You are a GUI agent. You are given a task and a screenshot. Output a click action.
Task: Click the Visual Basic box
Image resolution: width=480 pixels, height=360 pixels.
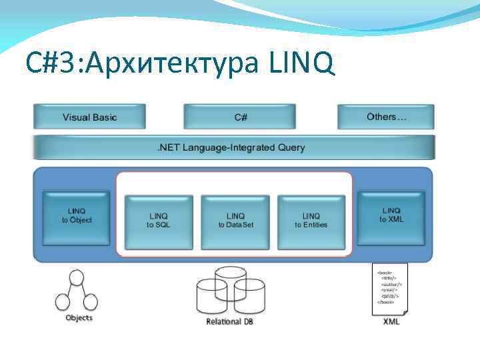click(89, 117)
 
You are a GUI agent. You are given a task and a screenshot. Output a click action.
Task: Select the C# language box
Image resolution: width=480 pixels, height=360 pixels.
click(241, 117)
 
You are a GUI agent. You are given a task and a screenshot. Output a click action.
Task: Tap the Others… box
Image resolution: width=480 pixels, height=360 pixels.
click(386, 117)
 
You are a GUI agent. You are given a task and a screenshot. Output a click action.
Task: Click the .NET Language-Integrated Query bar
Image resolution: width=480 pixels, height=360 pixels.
click(233, 147)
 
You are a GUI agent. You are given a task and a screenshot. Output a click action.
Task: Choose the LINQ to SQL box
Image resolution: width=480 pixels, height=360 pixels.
click(159, 221)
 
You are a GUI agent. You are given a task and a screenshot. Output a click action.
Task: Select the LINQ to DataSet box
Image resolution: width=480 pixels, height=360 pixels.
click(235, 221)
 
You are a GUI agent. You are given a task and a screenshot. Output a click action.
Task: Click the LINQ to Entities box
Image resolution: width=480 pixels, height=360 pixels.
click(311, 221)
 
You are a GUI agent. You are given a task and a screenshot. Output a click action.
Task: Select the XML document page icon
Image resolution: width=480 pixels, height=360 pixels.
click(390, 288)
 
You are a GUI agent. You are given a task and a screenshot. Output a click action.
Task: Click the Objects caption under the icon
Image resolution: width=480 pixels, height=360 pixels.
click(79, 317)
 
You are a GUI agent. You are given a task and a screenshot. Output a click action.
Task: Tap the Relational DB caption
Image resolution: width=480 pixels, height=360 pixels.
click(230, 322)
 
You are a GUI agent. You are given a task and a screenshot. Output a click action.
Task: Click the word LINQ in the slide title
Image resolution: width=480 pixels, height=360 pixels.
click(301, 64)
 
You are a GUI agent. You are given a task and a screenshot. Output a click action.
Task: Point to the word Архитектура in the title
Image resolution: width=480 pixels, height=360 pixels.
click(175, 64)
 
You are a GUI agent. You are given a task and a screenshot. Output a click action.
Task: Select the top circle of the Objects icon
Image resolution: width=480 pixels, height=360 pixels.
click(77, 277)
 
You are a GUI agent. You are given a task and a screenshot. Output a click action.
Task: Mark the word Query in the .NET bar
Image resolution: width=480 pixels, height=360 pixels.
click(291, 147)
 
